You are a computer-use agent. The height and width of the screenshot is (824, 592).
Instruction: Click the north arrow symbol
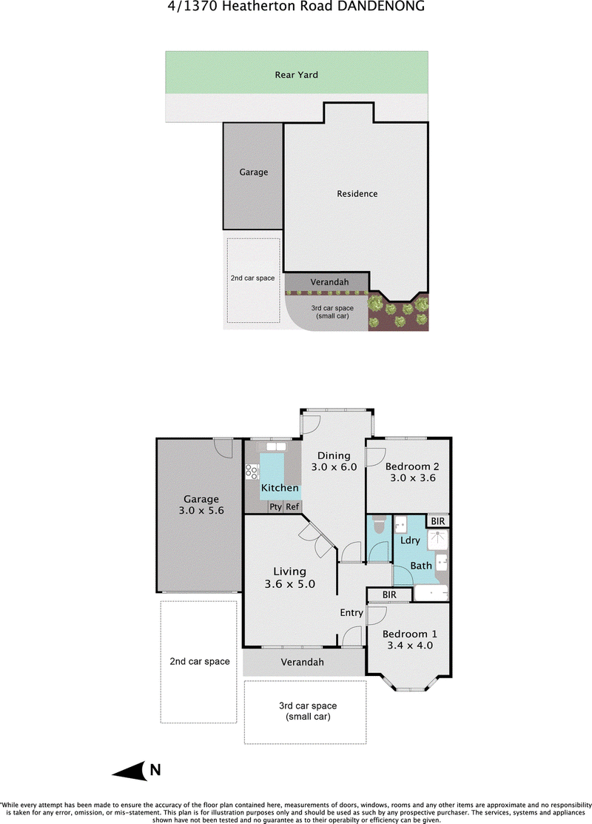pyautogui.click(x=129, y=771)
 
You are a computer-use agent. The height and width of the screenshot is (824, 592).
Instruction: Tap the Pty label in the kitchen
pyautogui.click(x=276, y=507)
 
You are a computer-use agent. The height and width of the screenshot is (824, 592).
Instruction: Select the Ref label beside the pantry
pyautogui.click(x=292, y=506)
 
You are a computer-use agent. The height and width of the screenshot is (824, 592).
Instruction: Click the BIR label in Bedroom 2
pyautogui.click(x=437, y=520)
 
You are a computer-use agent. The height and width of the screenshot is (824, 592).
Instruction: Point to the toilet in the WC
pyautogui.click(x=379, y=525)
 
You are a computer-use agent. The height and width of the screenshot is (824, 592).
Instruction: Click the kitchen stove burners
pyautogui.click(x=252, y=471)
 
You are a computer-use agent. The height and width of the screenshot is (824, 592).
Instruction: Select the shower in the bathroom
pyautogui.click(x=437, y=539)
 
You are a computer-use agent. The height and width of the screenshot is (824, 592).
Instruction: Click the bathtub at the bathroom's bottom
pyautogui.click(x=431, y=593)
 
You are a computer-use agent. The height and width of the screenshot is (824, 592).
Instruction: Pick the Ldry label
pyautogui.click(x=410, y=540)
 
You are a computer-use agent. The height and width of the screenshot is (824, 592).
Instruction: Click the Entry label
pyautogui.click(x=351, y=613)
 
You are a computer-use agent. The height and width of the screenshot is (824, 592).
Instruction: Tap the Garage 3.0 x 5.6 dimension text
pyautogui.click(x=201, y=510)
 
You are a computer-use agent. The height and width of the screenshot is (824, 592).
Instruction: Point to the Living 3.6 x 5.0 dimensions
pyautogui.click(x=290, y=584)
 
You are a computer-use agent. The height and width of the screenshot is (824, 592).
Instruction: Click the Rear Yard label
pyautogui.click(x=296, y=75)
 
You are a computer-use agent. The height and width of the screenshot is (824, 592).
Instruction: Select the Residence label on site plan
pyautogui.click(x=357, y=193)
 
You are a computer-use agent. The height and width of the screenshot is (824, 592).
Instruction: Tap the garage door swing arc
pyautogui.click(x=222, y=448)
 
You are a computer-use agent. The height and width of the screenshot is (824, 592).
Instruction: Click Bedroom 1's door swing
pyautogui.click(x=377, y=617)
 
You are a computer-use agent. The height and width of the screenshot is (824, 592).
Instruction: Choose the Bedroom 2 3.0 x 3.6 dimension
pyautogui.click(x=413, y=478)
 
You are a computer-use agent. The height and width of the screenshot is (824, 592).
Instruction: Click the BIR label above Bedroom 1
pyautogui.click(x=389, y=594)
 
